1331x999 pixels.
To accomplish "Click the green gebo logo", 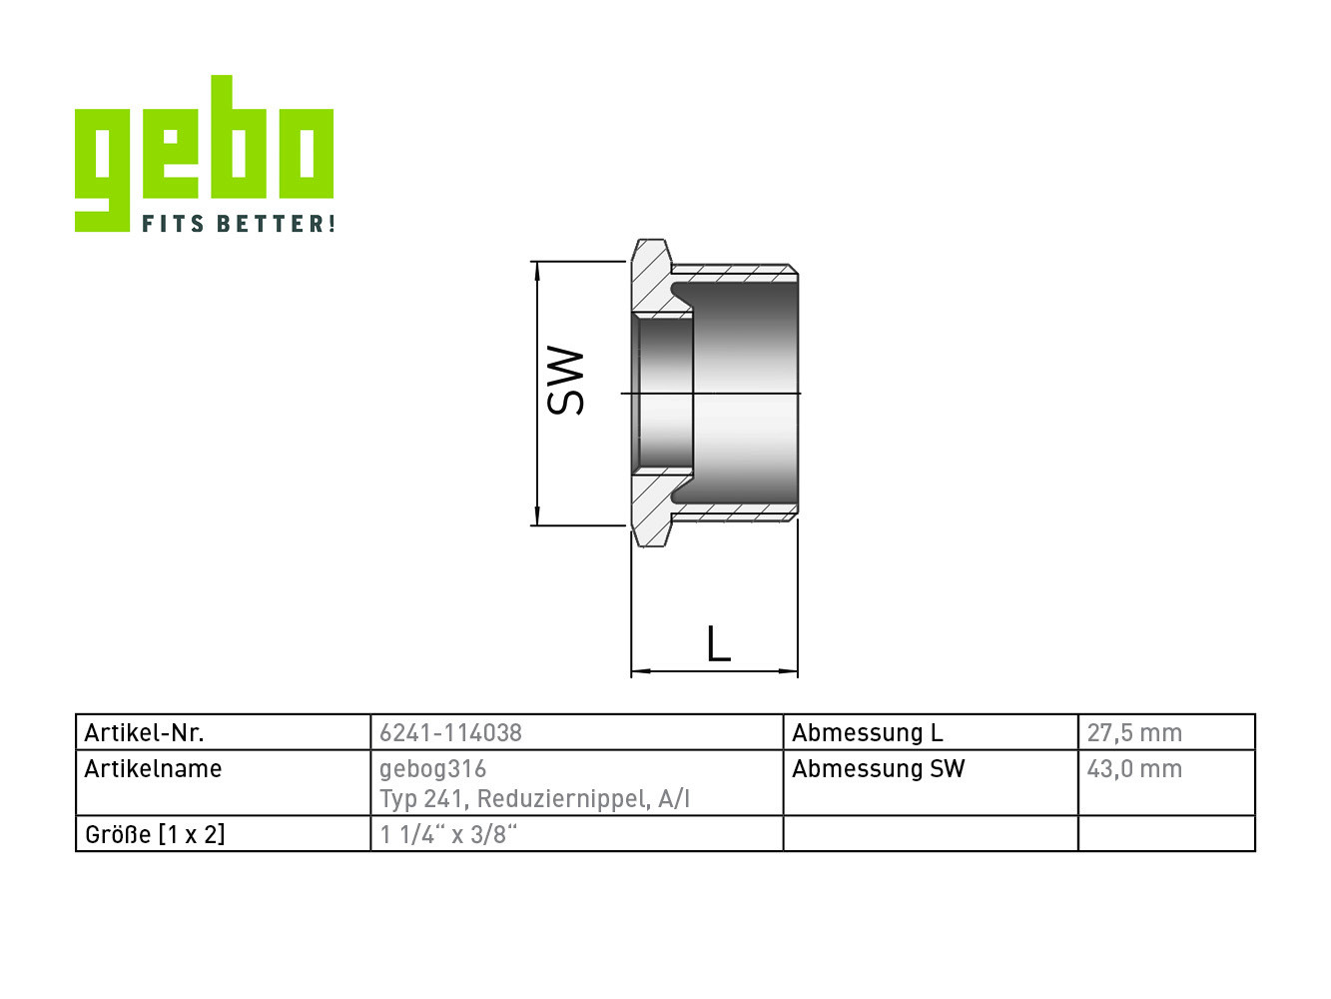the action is click(204, 153).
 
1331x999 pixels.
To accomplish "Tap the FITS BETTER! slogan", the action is click(239, 223).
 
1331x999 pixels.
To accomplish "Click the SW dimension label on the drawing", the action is click(565, 381).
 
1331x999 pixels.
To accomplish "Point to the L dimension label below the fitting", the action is click(719, 643).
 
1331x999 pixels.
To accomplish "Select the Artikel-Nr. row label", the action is click(145, 732).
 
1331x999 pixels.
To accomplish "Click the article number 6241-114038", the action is click(450, 732).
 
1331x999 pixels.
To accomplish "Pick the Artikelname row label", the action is click(153, 768).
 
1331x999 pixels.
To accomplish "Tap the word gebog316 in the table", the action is click(433, 769).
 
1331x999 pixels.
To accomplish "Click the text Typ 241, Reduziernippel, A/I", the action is click(535, 799).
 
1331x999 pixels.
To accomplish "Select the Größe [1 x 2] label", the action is click(155, 834).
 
